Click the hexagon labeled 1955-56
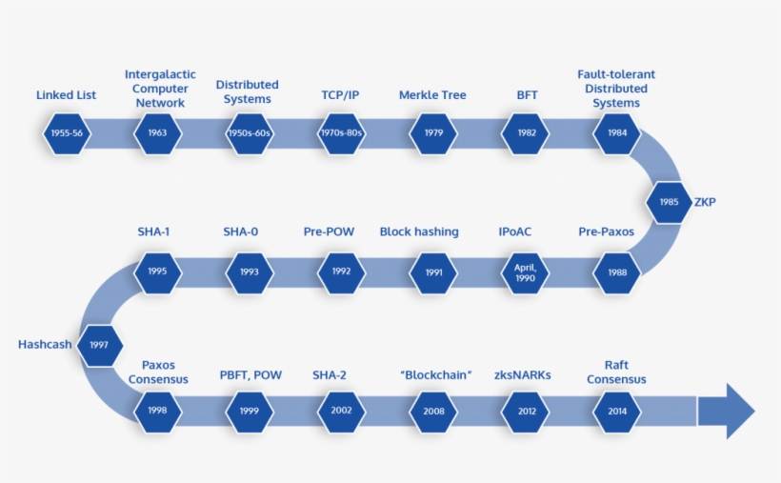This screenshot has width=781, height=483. pos(67,133)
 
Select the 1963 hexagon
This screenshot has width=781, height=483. pos(158,133)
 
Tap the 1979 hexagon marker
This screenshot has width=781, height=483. pos(434,133)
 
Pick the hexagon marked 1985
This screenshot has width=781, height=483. pos(669,202)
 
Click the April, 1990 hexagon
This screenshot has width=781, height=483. pos(526,272)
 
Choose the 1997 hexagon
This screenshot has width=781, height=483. pos(99,345)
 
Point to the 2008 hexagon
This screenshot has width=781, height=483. pos(434,412)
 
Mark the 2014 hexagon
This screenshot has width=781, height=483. pos(617,412)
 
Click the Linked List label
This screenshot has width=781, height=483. pos(66,95)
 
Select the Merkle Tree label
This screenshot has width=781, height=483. pos(434,95)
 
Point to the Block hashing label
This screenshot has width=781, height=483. pos(419,231)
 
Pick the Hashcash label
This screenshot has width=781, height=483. pos(45,345)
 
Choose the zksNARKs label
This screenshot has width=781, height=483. pos(522,374)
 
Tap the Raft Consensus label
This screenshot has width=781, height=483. pos(616,372)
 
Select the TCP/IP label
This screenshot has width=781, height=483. pos(340,95)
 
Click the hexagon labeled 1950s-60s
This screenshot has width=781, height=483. pos(250,133)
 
